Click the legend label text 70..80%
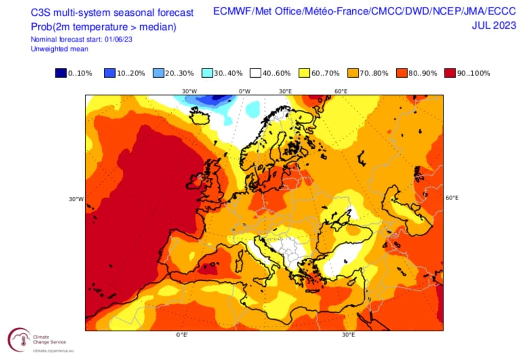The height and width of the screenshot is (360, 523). point(374,73)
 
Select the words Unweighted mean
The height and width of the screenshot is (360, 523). point(59,49)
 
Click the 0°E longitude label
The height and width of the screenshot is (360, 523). point(181,335)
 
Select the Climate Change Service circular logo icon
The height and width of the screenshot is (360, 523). point(19,339)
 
